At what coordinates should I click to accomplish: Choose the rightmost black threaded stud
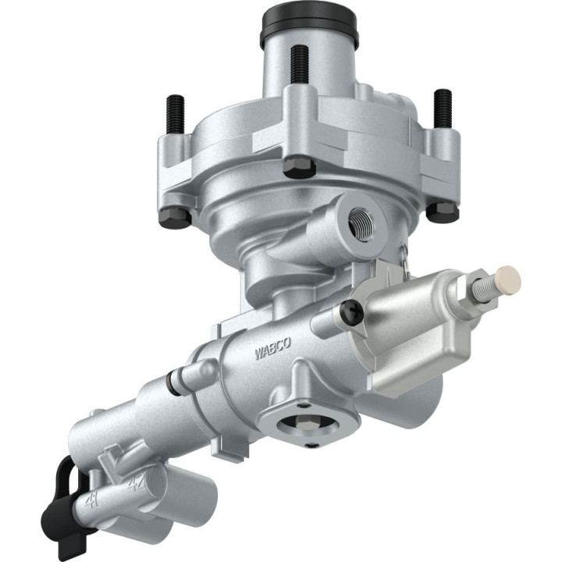click(x=443, y=107)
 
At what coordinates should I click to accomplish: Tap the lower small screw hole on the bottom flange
click(x=311, y=446)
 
